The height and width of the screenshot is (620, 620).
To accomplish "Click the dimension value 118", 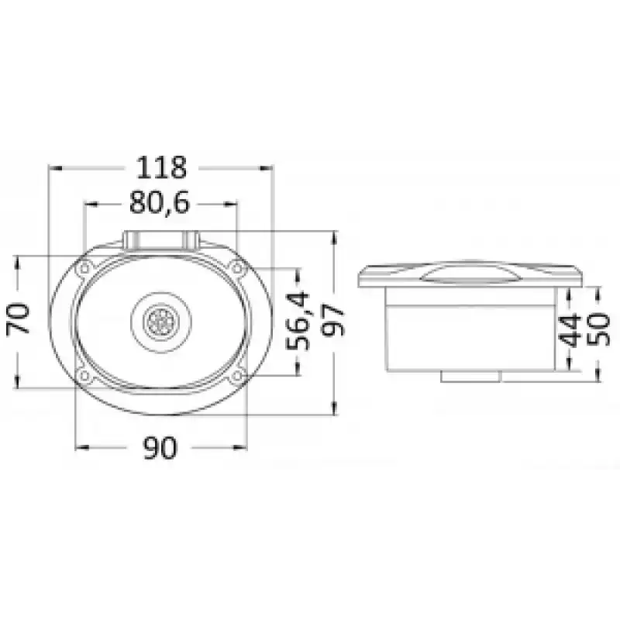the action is click(161, 167).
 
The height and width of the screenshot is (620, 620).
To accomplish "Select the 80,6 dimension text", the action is click(160, 203).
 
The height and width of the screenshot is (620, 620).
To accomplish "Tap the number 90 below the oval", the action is click(160, 448).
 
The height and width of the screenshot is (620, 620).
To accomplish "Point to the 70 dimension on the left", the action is click(18, 319).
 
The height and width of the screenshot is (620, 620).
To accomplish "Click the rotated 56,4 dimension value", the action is click(298, 320).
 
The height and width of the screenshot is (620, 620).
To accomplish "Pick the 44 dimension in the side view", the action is click(570, 330).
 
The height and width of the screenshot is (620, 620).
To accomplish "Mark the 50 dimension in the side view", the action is click(598, 330).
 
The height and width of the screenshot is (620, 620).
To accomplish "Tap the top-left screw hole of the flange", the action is click(84, 269).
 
